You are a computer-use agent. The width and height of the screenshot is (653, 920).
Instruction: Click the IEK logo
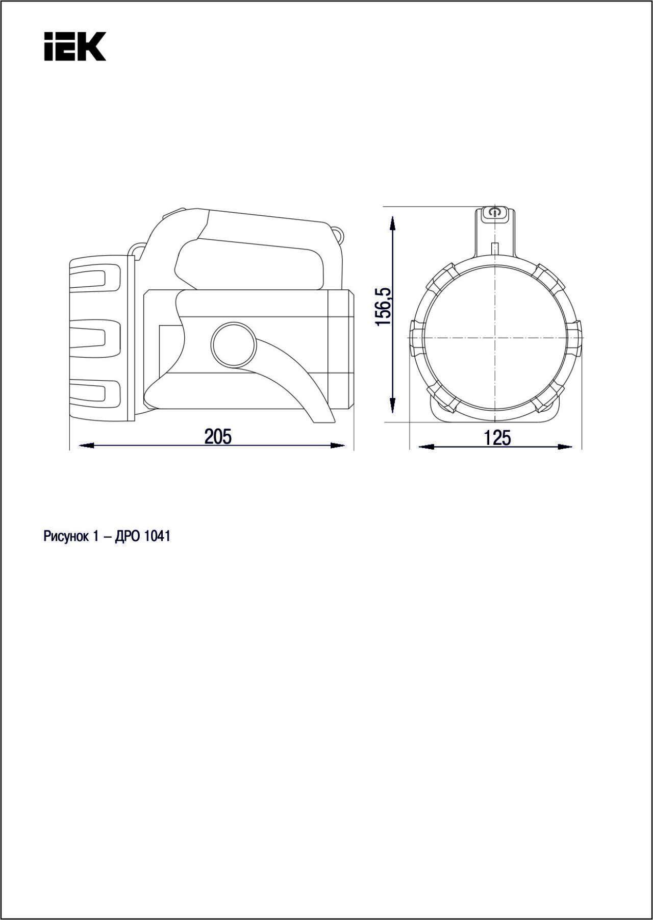[x=75, y=46]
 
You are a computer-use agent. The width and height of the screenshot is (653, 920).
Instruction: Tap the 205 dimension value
[x=218, y=437]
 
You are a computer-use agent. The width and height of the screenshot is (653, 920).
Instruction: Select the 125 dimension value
[x=497, y=438]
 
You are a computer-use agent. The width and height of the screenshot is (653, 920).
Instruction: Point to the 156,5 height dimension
[x=383, y=307]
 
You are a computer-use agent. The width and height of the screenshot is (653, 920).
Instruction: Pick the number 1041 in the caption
[x=158, y=537]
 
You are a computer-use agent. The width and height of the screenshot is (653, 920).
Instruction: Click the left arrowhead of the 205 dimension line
[x=86, y=445]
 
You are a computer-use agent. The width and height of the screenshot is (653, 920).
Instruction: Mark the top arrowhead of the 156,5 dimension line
[x=392, y=224]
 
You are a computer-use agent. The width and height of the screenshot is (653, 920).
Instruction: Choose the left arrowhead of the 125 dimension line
[x=426, y=447]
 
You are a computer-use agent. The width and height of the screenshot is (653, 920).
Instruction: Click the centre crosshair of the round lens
[x=494, y=337]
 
